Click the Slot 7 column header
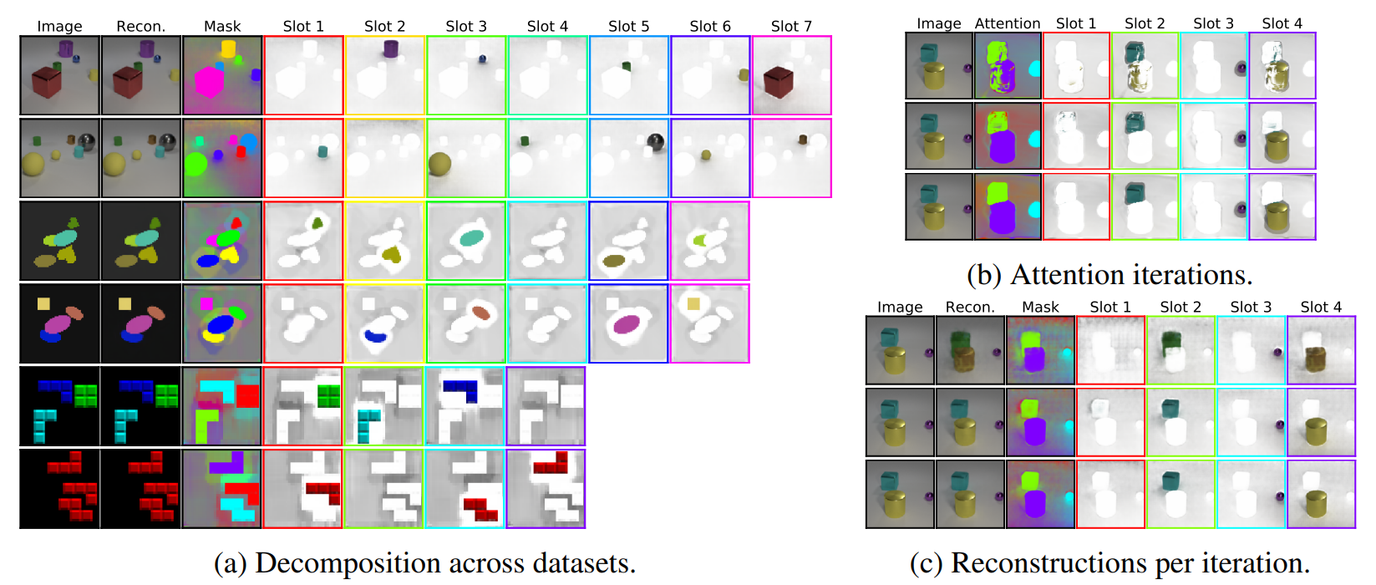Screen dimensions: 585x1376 [x=791, y=26]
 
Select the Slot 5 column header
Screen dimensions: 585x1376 [x=628, y=26]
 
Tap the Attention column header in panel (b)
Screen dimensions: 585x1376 [x=1008, y=23]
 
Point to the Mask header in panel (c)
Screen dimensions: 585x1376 [x=1040, y=307]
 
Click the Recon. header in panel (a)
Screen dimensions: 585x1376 [x=140, y=26]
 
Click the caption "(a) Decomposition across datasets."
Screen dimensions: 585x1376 [x=424, y=563]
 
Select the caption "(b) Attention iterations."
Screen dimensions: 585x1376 [x=1109, y=274]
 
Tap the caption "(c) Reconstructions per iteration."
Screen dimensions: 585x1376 [x=1109, y=563]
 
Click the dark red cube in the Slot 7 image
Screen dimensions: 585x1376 [x=777, y=82]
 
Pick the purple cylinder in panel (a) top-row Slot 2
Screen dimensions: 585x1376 [x=390, y=48]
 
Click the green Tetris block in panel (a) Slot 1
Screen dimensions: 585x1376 [x=327, y=395]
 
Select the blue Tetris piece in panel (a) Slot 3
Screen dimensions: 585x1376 [x=460, y=389]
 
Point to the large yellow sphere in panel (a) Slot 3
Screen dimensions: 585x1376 [x=439, y=163]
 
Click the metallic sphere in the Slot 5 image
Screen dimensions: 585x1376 [x=656, y=143]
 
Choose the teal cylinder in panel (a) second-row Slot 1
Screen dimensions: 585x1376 [x=322, y=152]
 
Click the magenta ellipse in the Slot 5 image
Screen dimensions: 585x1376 [x=627, y=323]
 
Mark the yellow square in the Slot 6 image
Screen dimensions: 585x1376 [x=693, y=304]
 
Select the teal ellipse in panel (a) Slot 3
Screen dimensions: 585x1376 [x=471, y=238]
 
